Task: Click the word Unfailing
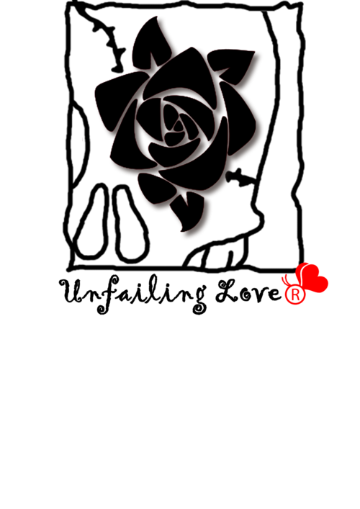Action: (133, 294)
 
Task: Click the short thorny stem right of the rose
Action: (240, 177)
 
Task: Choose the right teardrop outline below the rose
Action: (130, 224)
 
